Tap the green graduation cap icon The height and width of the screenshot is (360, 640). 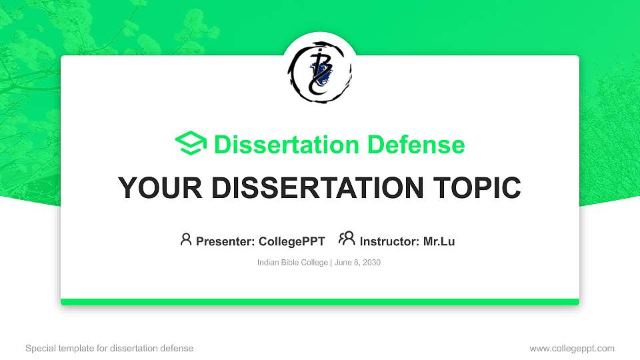click(191, 144)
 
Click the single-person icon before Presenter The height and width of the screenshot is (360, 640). click(186, 239)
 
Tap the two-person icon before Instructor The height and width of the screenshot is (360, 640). click(347, 239)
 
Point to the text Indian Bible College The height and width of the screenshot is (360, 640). click(292, 263)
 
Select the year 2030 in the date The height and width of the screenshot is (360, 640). click(371, 263)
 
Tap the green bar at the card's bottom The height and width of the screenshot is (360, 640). click(319, 302)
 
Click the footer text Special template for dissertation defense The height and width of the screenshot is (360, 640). click(109, 348)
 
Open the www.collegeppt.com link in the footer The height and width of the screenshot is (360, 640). click(571, 348)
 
